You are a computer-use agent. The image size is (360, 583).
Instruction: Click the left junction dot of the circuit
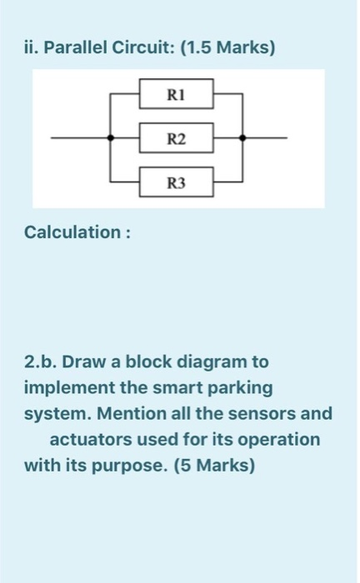tap(111, 137)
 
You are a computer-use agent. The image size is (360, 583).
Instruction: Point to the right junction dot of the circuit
tap(242, 137)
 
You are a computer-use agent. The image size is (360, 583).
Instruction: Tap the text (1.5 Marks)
tap(229, 47)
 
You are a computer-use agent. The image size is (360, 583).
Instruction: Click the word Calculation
tap(72, 231)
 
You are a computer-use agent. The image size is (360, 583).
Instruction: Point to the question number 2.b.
tap(41, 363)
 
